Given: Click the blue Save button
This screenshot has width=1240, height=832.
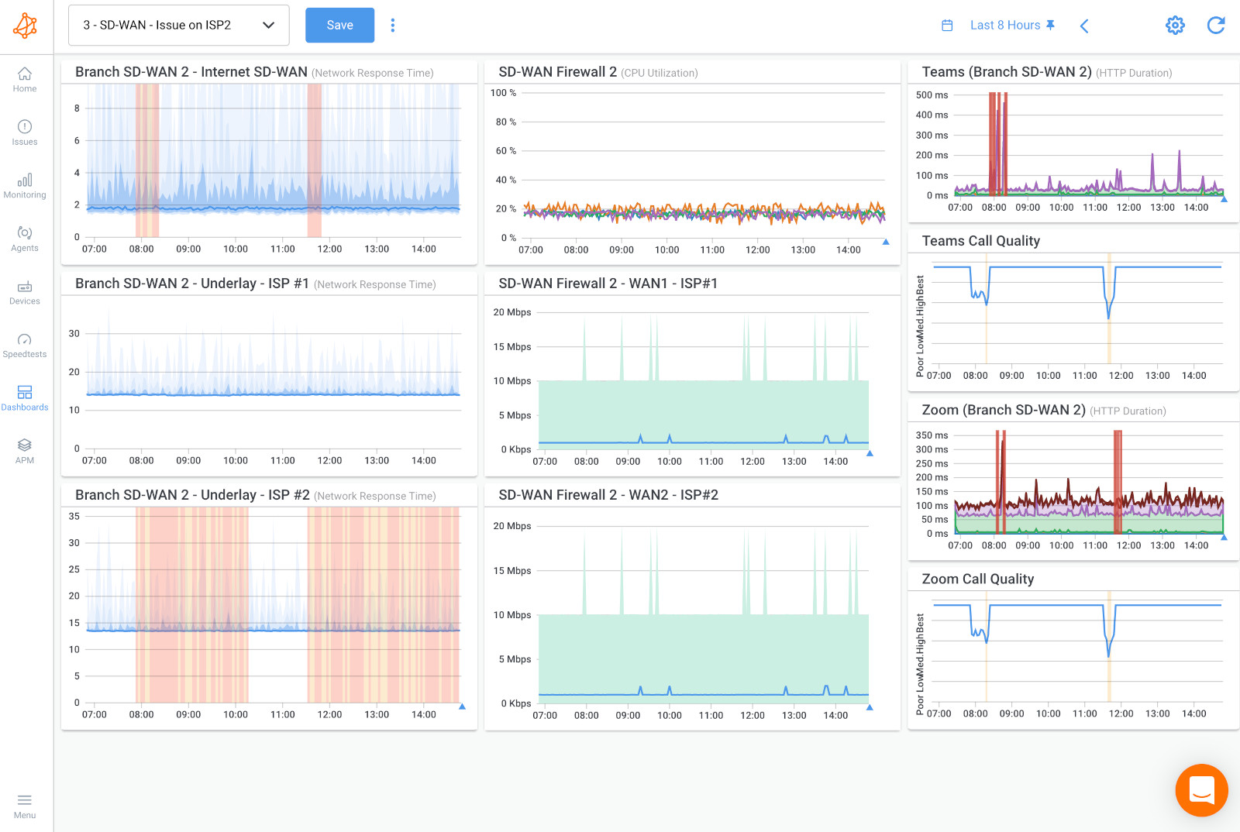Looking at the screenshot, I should (x=339, y=25).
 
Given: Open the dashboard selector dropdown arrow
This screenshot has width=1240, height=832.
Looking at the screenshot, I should (x=269, y=25).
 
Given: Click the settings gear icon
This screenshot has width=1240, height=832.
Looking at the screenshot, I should (x=1175, y=25).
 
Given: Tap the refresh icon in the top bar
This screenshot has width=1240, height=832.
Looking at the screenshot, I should (x=1216, y=25).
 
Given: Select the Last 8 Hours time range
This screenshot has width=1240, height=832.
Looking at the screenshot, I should (x=1004, y=25).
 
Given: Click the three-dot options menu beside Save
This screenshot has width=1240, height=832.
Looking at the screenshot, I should (x=393, y=25).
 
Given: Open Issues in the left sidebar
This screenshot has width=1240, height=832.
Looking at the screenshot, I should (x=25, y=132).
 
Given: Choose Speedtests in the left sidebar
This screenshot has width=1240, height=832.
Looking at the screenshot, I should (x=25, y=345).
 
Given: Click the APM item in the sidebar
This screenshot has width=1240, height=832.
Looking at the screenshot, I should (x=25, y=450).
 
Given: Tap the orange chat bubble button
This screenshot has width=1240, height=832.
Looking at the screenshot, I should (x=1201, y=790).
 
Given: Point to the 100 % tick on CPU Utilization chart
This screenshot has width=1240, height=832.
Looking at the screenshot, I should (x=503, y=93).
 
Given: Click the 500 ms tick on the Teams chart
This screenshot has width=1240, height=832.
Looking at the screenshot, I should (x=932, y=95).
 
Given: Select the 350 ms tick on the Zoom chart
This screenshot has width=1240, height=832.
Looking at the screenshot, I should (x=932, y=435).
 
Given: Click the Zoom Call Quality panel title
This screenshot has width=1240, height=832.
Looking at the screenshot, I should (x=977, y=579).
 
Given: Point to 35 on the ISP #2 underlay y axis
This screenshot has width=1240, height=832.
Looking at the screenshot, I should (x=74, y=516).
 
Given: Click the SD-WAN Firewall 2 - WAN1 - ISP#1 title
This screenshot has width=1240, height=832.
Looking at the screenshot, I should (x=608, y=284).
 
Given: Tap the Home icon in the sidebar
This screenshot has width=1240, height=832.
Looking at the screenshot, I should (x=25, y=78).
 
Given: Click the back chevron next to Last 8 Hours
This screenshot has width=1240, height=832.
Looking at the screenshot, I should (x=1084, y=26).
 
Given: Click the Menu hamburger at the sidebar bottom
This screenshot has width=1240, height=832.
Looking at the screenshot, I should (x=25, y=805).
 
